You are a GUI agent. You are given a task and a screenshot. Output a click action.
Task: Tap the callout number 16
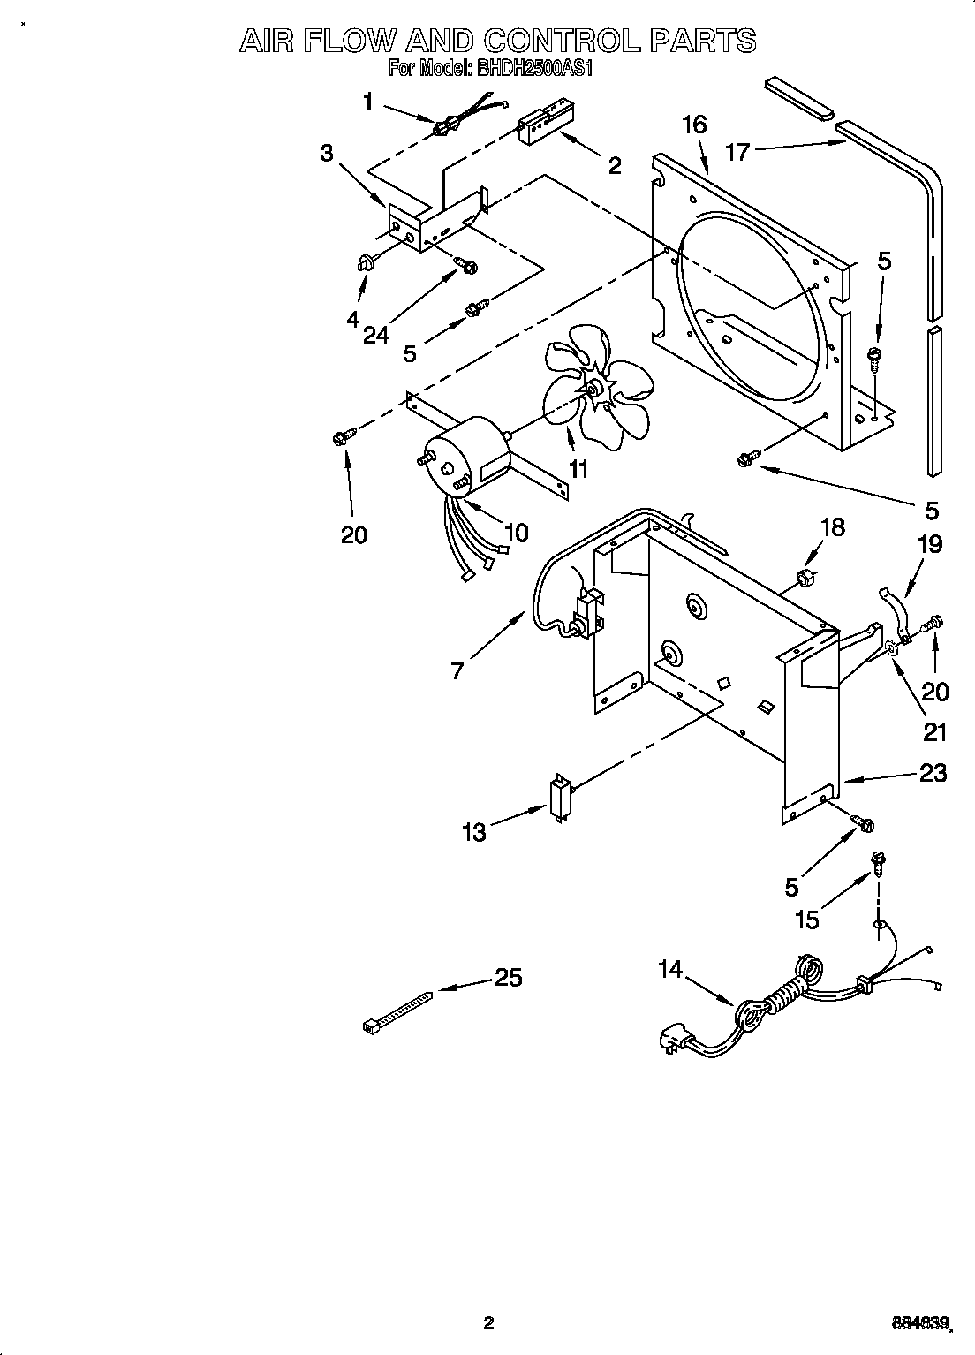click(694, 125)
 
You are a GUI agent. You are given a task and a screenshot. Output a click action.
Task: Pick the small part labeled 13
click(559, 799)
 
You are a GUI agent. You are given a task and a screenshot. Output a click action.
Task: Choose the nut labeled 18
click(805, 579)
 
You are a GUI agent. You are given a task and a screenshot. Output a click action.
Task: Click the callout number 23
click(932, 773)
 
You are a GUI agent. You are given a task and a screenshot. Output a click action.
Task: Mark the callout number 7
click(457, 670)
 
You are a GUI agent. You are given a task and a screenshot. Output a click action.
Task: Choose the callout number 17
click(737, 152)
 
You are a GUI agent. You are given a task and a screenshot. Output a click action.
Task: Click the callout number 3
click(327, 154)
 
